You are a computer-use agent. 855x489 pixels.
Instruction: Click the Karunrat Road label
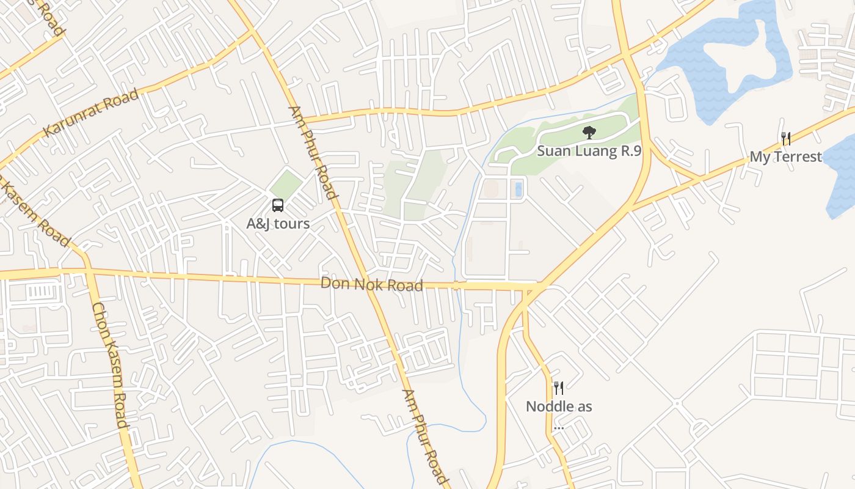(x=91, y=113)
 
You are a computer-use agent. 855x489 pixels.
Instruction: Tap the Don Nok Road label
(x=371, y=284)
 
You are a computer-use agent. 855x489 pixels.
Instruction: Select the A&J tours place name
(x=278, y=224)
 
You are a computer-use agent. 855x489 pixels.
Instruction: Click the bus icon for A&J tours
(x=278, y=205)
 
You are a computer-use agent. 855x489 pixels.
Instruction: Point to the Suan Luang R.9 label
(x=589, y=151)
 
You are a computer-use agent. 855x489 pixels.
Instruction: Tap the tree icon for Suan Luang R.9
(x=589, y=131)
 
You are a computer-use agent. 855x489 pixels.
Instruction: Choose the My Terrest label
(x=785, y=157)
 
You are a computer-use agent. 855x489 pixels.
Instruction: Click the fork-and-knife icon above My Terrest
(x=786, y=139)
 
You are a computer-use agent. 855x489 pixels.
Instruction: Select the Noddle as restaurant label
(x=559, y=406)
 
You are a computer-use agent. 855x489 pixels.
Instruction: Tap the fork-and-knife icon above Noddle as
(x=558, y=388)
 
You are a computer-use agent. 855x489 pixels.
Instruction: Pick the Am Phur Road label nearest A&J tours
(x=313, y=153)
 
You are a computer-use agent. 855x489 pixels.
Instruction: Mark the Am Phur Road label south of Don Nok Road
(x=426, y=436)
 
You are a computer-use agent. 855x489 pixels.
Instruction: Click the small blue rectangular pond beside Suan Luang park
(x=518, y=189)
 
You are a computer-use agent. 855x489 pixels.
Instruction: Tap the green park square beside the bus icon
(x=286, y=185)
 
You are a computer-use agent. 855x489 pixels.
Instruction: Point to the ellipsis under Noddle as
(x=558, y=427)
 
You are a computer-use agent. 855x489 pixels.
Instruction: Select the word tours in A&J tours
(x=292, y=224)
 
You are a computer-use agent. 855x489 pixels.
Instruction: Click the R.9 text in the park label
(x=630, y=151)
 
